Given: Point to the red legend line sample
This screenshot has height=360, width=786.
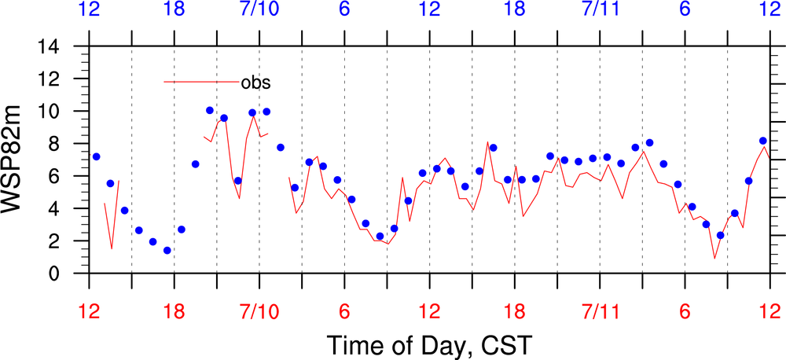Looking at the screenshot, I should coord(201,82).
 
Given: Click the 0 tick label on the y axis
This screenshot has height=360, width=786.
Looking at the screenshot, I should coord(73,274).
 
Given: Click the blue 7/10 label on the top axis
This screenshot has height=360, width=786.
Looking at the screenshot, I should coord(259,11).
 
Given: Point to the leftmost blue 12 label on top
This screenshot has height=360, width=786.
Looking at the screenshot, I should coord(90,11).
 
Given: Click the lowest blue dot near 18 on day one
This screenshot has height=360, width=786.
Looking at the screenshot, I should coord(167,251).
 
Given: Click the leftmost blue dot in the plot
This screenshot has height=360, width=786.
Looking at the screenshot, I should coord(97,156).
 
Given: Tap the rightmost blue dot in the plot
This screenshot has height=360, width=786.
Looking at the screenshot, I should coord(763,141).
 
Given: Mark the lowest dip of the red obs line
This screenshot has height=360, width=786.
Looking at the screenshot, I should coord(714,258).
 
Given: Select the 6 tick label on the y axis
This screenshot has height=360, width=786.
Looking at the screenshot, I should coord(73,177).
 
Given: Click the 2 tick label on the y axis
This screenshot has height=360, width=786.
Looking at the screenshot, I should coord(73,241).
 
